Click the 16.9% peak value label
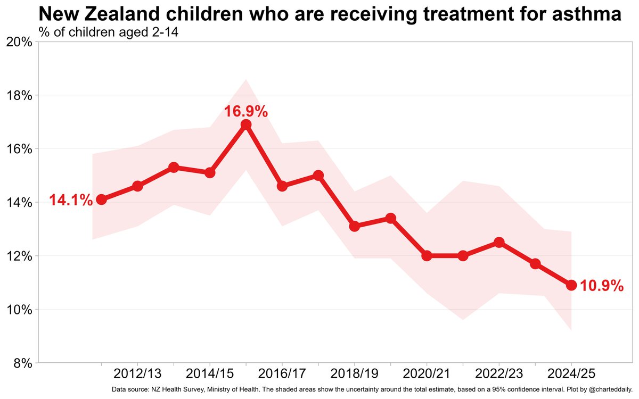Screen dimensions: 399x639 click(x=245, y=112)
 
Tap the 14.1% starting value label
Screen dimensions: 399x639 click(x=71, y=201)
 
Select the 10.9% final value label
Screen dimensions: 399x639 click(x=601, y=286)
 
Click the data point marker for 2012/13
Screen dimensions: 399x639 click(x=137, y=186)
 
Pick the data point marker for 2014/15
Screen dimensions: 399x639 click(x=210, y=173)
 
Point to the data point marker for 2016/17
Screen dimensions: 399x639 click(x=282, y=186)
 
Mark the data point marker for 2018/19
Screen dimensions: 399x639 click(x=355, y=226)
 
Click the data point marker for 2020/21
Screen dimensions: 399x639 click(x=427, y=256)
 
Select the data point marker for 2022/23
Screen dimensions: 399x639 click(x=499, y=243)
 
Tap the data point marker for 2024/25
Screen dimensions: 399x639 click(x=571, y=285)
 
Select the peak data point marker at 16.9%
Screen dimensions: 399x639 click(x=246, y=124)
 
